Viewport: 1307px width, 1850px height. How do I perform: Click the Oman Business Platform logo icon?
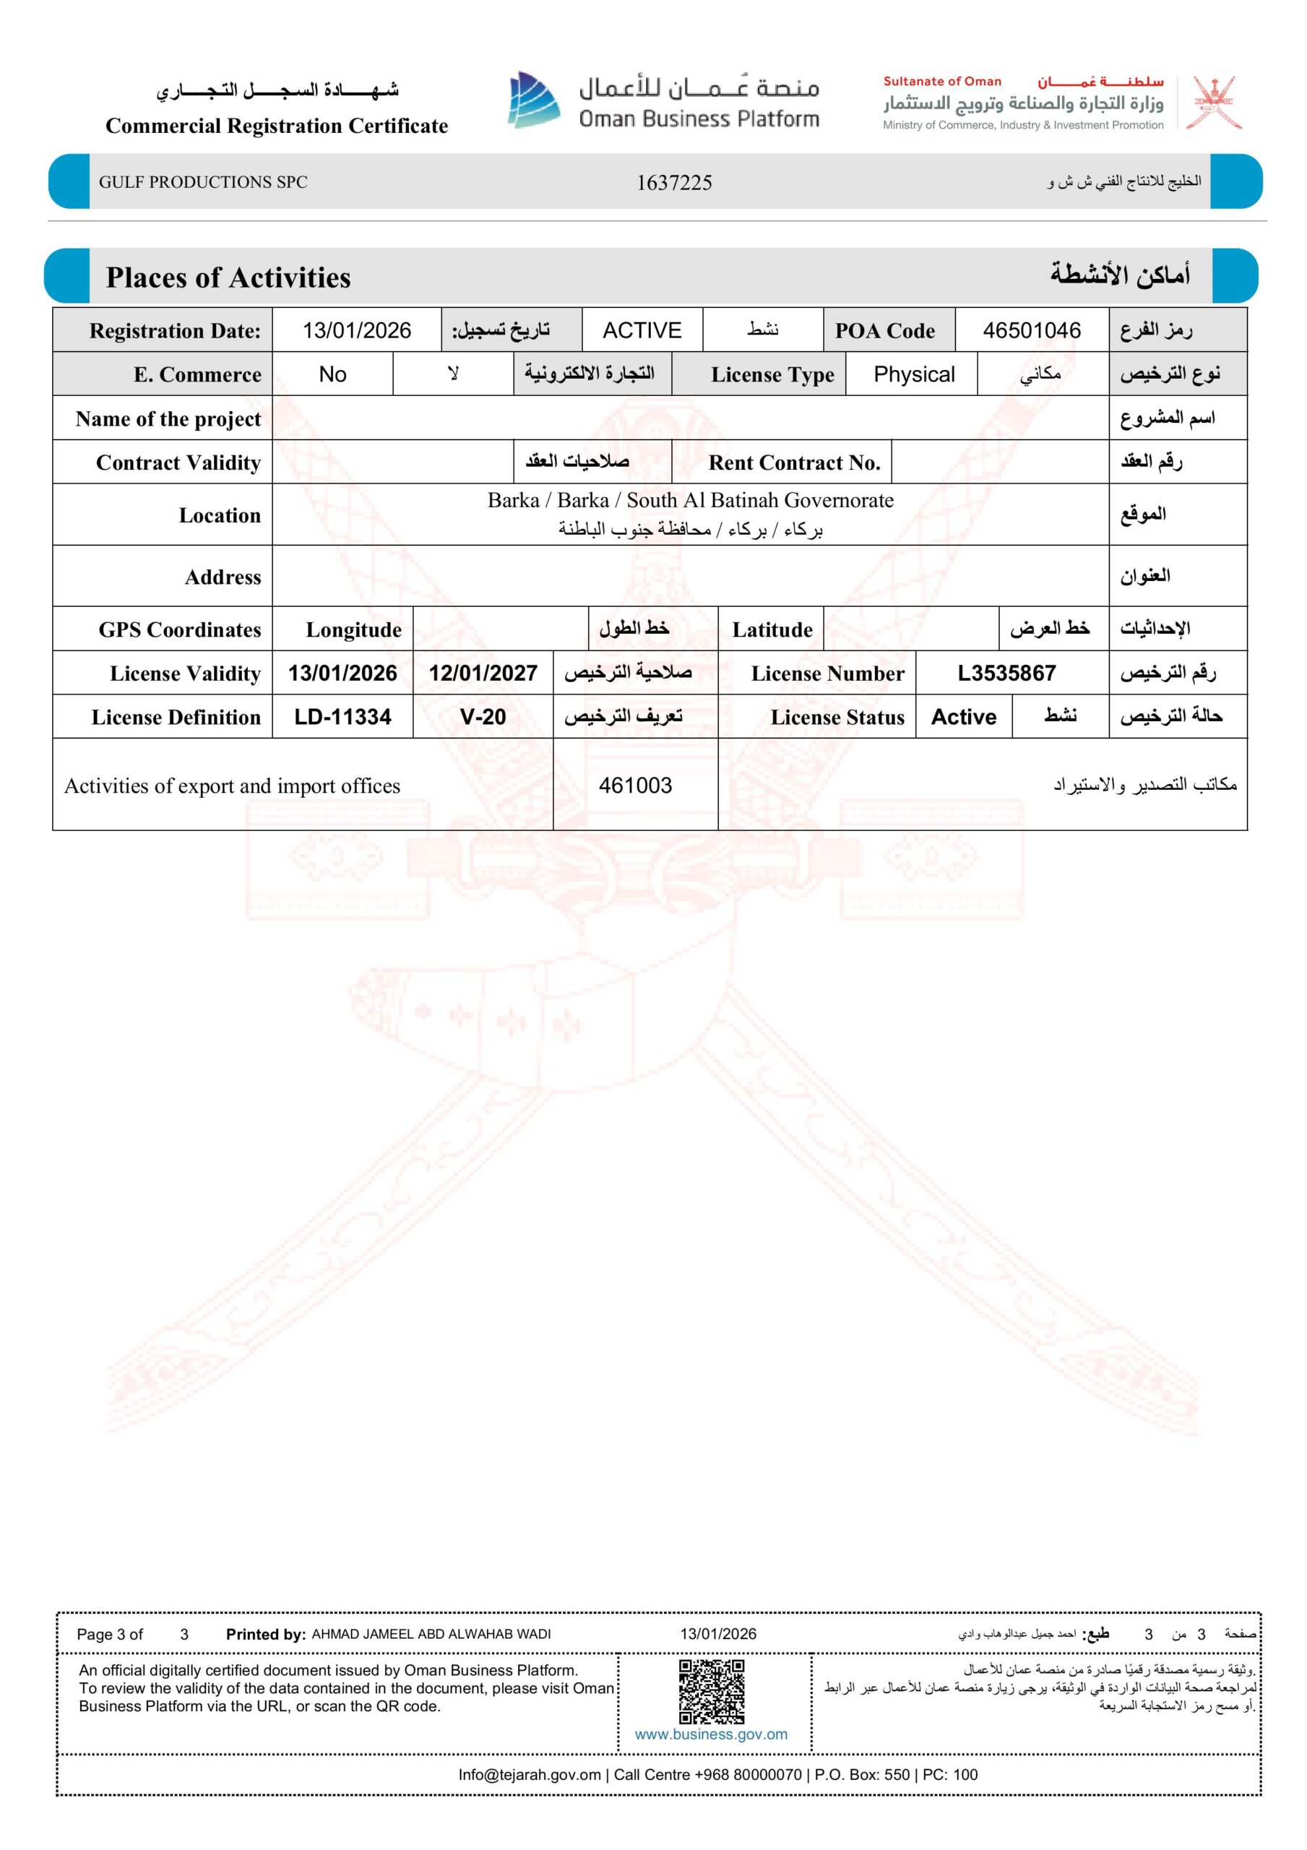coord(533,100)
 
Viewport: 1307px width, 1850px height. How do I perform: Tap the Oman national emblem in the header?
coord(1217,103)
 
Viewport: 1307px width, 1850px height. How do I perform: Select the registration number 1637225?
coord(673,183)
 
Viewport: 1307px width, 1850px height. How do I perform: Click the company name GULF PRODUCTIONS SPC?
coord(203,182)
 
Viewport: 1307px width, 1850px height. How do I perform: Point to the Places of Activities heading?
coord(228,277)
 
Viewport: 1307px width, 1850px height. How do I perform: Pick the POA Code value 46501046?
coord(1032,330)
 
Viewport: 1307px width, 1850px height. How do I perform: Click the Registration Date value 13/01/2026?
coord(356,330)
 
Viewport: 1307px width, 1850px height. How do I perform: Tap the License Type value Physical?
coord(914,374)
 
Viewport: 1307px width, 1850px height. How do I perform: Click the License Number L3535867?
coord(1006,673)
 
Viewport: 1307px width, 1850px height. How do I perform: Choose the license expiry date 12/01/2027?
coord(483,673)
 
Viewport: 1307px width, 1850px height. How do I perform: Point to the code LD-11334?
coord(342,716)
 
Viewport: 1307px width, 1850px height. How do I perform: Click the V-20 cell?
coord(483,716)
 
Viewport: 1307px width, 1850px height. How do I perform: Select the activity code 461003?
coord(635,785)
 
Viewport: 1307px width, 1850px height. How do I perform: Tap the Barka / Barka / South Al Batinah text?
coord(690,500)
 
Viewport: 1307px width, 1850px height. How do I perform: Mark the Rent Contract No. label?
coord(794,462)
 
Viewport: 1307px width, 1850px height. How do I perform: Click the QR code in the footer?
coord(712,1691)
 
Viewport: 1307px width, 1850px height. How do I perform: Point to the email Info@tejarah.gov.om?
coord(530,1774)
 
